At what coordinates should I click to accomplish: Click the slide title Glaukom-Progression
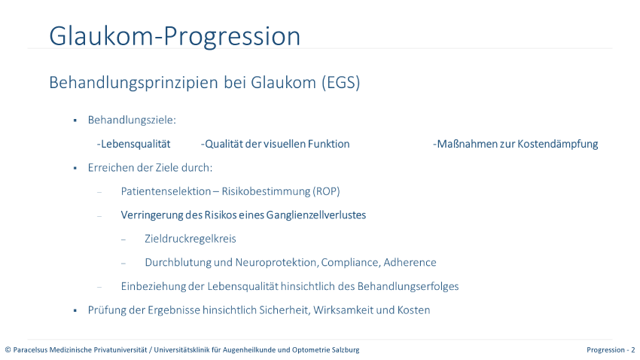[x=175, y=37]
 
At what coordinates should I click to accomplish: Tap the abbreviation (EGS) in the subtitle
[x=341, y=82]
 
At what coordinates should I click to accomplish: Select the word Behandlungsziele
[x=130, y=121]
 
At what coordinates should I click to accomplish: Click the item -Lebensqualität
[x=133, y=144]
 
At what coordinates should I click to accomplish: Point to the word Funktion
[x=328, y=144]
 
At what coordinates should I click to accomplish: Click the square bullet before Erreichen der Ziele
[x=75, y=168]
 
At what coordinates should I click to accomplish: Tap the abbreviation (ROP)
[x=327, y=191]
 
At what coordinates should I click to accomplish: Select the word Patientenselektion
[x=166, y=191]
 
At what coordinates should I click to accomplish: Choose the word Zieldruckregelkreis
[x=190, y=239]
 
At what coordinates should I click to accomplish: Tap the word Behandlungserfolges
[x=408, y=286]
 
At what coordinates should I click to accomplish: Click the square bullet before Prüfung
[x=75, y=310]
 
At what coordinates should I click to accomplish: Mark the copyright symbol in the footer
[x=8, y=350]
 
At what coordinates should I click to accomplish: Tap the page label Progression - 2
[x=611, y=349]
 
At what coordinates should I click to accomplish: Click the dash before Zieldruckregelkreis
[x=123, y=239]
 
